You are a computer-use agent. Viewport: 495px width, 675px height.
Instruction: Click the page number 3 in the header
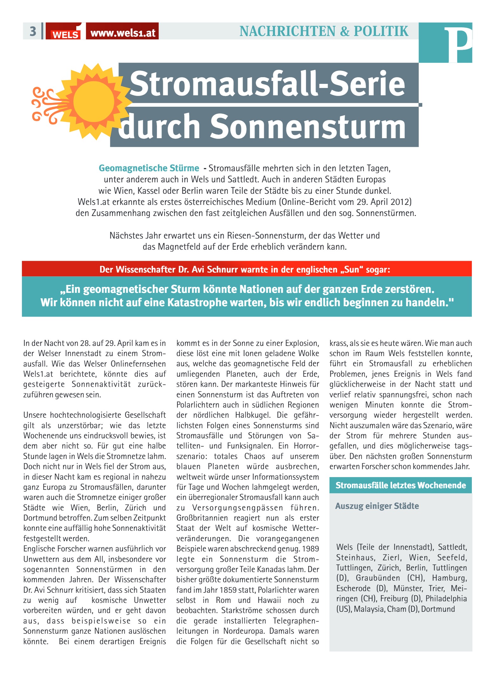point(33,31)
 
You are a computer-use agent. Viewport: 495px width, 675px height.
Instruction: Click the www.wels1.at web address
point(123,32)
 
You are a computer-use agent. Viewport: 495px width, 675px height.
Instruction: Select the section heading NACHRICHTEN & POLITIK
point(324,31)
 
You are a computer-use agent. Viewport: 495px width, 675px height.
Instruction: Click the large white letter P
point(458,44)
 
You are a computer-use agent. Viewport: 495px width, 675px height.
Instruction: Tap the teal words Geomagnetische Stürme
point(149,168)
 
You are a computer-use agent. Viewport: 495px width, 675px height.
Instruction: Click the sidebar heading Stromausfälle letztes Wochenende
point(400,485)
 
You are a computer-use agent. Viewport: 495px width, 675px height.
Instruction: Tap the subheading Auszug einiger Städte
point(377,506)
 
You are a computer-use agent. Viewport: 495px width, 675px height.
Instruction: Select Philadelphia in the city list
point(446,599)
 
